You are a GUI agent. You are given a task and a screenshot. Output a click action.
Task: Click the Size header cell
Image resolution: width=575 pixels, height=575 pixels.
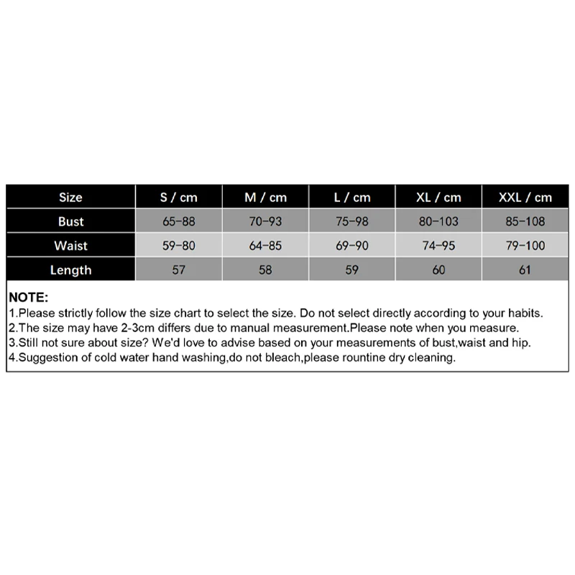(70, 197)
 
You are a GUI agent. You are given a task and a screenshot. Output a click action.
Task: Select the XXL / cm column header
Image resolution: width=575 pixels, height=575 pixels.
(525, 197)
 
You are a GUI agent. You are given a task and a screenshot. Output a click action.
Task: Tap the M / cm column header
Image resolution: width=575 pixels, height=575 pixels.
(265, 197)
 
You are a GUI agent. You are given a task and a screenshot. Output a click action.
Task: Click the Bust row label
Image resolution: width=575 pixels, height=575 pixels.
(70, 221)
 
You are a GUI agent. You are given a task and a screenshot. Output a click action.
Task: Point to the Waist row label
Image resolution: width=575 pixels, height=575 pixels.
(70, 246)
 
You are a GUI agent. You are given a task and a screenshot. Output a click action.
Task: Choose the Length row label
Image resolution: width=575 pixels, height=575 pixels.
(70, 270)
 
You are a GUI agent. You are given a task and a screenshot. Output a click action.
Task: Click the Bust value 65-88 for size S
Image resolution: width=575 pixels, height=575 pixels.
(179, 221)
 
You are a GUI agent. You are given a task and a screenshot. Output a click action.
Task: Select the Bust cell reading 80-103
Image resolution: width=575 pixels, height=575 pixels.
(438, 221)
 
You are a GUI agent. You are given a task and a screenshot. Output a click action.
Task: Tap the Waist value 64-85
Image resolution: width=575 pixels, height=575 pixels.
(265, 246)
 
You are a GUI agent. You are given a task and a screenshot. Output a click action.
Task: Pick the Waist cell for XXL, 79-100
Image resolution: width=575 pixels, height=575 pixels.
(525, 246)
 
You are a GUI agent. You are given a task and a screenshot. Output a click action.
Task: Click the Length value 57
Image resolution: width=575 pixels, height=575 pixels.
(179, 270)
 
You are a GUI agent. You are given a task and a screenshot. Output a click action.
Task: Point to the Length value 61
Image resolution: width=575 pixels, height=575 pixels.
(525, 270)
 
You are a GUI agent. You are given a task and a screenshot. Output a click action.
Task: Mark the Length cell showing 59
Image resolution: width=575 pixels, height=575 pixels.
(352, 270)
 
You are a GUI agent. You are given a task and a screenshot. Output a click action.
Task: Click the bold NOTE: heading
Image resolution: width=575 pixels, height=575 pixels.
(29, 298)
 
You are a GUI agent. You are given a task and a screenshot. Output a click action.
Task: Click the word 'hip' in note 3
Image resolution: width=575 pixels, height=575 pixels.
(503, 343)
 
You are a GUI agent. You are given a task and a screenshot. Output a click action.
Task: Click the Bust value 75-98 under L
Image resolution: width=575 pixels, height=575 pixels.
(352, 221)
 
